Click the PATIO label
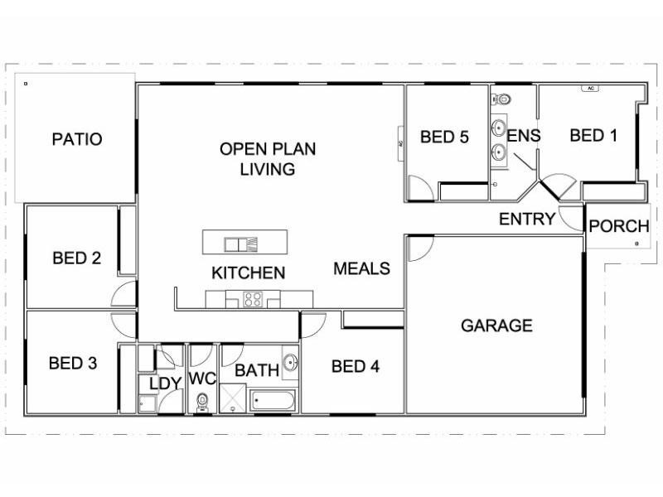[x=77, y=139]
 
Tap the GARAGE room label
[x=496, y=326]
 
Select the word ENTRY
[x=526, y=220]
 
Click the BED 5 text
[x=444, y=137]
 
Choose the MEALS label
[x=361, y=268]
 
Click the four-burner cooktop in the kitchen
[x=253, y=300]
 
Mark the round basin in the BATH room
[x=290, y=363]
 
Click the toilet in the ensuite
[x=506, y=99]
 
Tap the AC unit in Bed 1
[x=591, y=88]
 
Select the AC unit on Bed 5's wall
[x=401, y=142]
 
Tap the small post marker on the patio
[x=27, y=84]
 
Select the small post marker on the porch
[x=636, y=244]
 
